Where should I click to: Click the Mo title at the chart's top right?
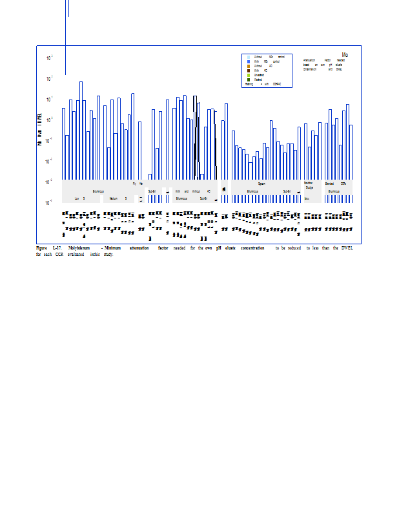[x=345, y=55]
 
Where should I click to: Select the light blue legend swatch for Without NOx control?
[x=249, y=57]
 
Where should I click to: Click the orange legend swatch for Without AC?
[x=249, y=66]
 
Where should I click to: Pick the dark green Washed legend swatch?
[x=249, y=79]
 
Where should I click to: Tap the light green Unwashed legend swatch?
[x=249, y=75]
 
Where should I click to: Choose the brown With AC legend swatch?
[x=249, y=70]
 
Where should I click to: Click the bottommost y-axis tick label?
[x=50, y=203]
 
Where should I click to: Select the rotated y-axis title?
[x=40, y=129]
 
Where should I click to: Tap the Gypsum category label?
[x=261, y=184]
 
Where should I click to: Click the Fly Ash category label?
[x=138, y=184]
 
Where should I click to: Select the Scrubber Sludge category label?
[x=309, y=185]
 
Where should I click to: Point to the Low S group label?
[x=80, y=198]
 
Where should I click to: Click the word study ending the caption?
[x=108, y=255]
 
